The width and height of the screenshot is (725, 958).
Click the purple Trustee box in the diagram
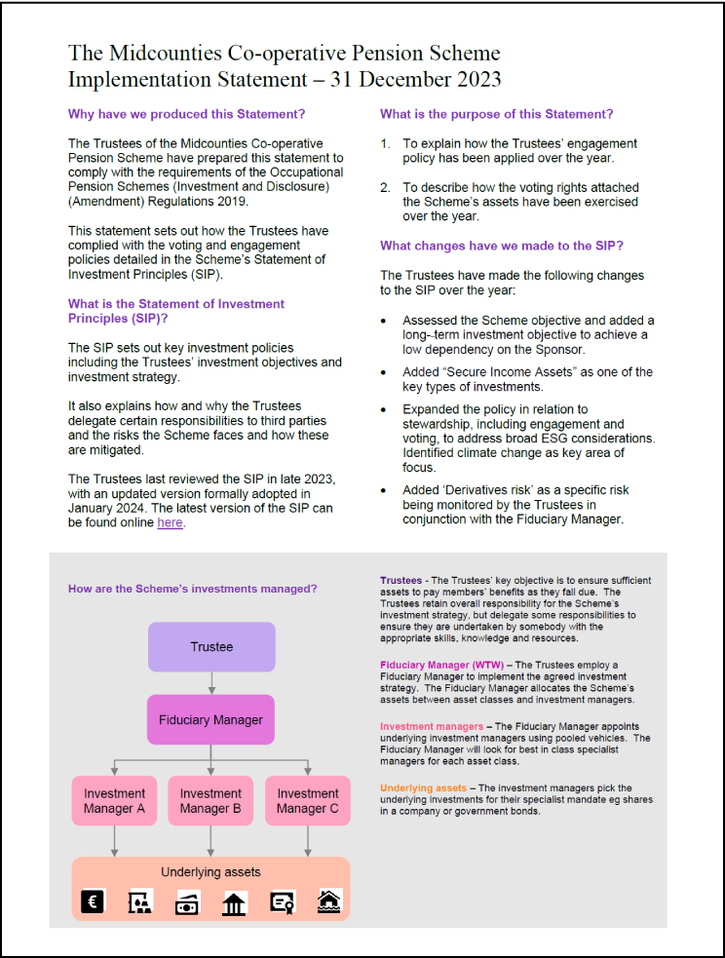211,647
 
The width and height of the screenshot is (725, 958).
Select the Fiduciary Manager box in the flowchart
211,720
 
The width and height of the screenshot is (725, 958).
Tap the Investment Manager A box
114,800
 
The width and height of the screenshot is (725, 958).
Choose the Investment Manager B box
210,800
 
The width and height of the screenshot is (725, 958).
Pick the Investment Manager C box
308,800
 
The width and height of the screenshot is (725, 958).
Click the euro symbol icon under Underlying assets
93,902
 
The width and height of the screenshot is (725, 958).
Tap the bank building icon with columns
234,903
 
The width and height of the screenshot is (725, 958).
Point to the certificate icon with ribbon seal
283,903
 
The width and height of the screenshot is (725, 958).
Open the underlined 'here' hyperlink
170,522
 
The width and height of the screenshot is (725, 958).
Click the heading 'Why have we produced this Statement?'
186,114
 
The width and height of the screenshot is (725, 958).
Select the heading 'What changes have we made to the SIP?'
502,246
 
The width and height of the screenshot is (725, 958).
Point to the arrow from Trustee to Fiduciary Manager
211,682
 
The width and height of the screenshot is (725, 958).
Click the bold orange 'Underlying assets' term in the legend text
424,787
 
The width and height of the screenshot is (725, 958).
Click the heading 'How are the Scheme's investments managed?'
192,589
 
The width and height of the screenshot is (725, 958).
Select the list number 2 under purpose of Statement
385,187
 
